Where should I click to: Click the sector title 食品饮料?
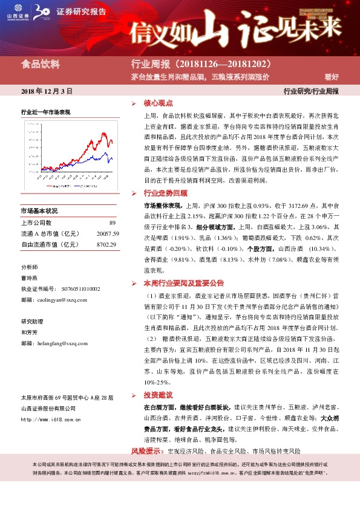coord(38,63)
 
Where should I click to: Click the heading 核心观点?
coord(158,103)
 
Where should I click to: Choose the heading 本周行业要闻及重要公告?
coord(183,282)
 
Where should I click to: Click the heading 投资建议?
coord(158,394)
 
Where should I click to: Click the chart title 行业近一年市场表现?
coord(46,112)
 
